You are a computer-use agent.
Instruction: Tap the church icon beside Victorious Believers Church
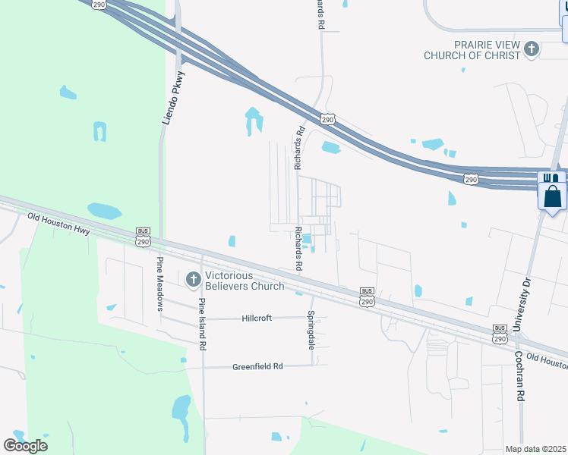[x=193, y=280]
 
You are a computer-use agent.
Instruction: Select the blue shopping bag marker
[x=552, y=196]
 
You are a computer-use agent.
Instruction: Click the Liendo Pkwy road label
[x=174, y=97]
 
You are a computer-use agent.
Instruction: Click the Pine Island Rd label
[x=203, y=324]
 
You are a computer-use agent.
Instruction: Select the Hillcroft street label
[x=262, y=318]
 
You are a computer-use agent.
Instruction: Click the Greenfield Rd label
[x=257, y=366]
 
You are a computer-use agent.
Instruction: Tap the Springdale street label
[x=311, y=329]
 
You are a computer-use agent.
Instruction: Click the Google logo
[x=25, y=445]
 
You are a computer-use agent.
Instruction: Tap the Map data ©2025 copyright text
[x=536, y=449]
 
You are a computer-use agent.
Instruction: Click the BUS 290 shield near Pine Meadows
[x=144, y=237]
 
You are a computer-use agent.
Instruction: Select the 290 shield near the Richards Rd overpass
[x=327, y=120]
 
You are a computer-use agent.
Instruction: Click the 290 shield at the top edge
[x=99, y=4]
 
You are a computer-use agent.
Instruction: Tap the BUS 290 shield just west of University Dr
[x=500, y=334]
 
